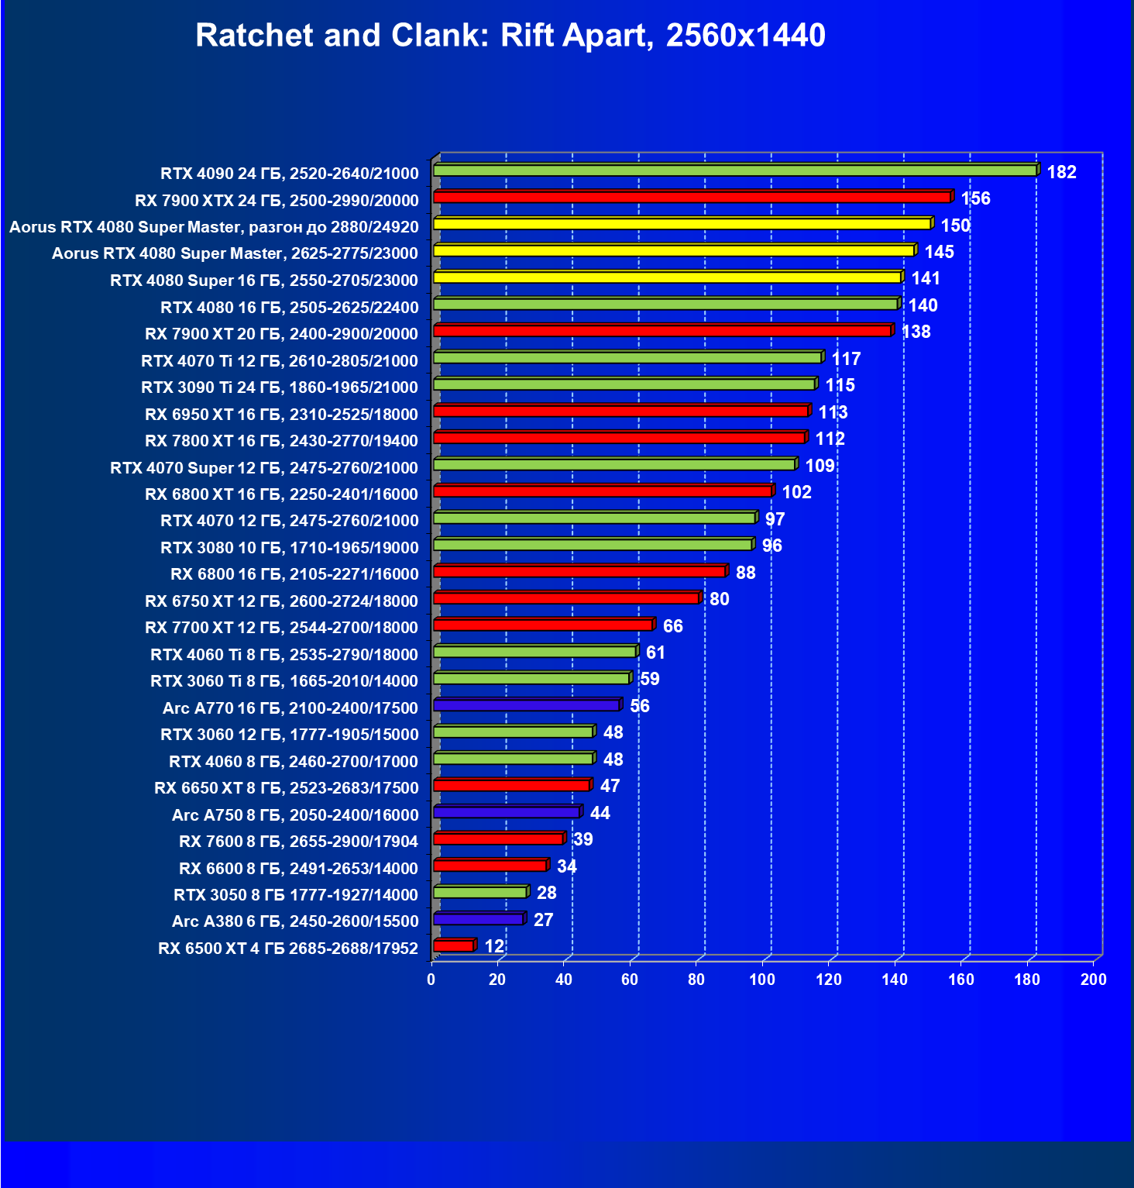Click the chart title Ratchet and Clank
point(510,36)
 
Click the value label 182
point(1061,172)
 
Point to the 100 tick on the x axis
point(762,980)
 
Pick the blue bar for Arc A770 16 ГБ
point(527,705)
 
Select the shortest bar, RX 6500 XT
point(453,946)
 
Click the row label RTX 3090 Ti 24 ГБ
point(280,387)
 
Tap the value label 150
point(955,226)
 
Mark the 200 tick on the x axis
point(1094,980)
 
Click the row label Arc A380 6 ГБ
point(295,921)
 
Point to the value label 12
point(494,946)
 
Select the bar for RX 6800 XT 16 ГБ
point(603,491)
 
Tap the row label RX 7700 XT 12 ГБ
point(281,628)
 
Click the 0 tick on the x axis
point(431,980)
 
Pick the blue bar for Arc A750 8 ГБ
point(507,812)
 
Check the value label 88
point(745,573)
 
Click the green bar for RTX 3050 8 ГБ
point(480,893)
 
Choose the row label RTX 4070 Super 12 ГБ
point(264,468)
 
